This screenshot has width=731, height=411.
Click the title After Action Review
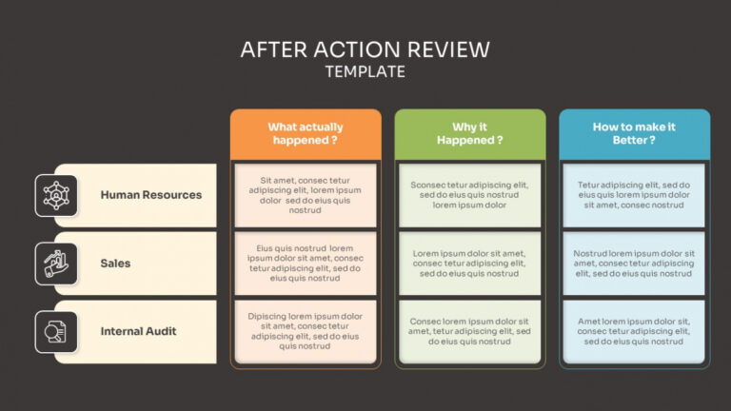click(365, 49)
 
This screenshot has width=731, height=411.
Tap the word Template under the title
click(365, 71)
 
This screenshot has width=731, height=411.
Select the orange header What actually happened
click(305, 133)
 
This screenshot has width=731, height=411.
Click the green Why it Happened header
click(470, 133)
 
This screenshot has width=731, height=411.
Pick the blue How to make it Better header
click(634, 133)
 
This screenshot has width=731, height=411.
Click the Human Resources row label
click(150, 195)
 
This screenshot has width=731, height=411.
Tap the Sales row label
click(115, 264)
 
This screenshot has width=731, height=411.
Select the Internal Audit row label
click(138, 332)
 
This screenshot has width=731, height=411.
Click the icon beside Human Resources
click(56, 195)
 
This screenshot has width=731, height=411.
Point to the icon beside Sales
click(56, 264)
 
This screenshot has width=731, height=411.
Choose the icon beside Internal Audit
click(56, 332)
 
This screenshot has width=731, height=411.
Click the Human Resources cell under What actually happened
click(305, 195)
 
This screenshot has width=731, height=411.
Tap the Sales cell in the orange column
click(305, 264)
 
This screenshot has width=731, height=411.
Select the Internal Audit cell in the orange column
click(305, 332)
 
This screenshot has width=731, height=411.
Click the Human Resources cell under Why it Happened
click(470, 195)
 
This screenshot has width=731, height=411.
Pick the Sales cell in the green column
click(470, 264)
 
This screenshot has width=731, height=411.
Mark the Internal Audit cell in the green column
click(470, 332)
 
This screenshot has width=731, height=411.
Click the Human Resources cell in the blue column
click(634, 195)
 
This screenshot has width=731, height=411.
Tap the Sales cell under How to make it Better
click(634, 264)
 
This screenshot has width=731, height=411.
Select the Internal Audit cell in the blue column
click(634, 332)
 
